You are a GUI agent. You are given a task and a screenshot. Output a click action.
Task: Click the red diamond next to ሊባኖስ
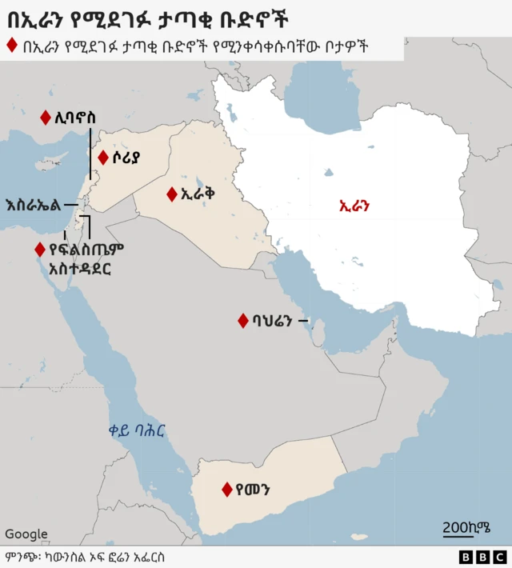pyautogui.click(x=45, y=118)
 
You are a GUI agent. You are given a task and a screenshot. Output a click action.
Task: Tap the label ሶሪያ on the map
pyautogui.click(x=126, y=158)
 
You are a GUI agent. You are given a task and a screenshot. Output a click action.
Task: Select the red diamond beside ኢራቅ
pyautogui.click(x=171, y=194)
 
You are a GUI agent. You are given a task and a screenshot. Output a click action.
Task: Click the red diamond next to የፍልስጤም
pyautogui.click(x=38, y=250)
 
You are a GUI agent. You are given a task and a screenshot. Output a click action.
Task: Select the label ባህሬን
pyautogui.click(x=274, y=321)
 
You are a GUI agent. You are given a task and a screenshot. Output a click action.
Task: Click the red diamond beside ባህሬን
pyautogui.click(x=242, y=321)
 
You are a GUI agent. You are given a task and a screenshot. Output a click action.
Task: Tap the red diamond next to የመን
pyautogui.click(x=227, y=489)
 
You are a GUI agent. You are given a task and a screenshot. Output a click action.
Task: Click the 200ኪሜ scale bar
pyautogui.click(x=466, y=529)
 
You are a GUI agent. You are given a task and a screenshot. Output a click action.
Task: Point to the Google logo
pyautogui.click(x=26, y=534)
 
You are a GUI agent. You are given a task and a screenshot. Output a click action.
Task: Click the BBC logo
pyautogui.click(x=483, y=557)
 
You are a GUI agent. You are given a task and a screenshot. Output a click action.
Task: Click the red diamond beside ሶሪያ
pyautogui.click(x=102, y=158)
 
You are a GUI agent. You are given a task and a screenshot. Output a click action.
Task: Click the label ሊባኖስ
pyautogui.click(x=74, y=118)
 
